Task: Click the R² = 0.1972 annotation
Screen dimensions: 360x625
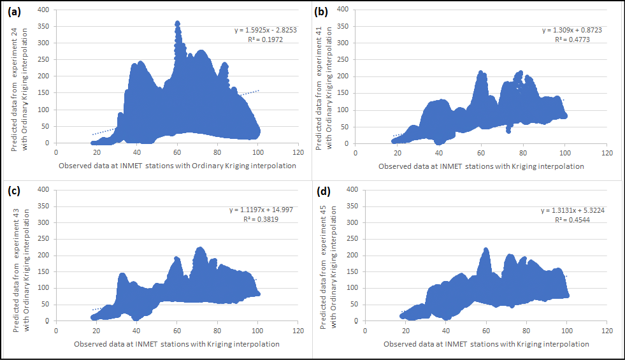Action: [x=266, y=39]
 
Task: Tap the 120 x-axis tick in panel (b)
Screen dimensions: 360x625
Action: [x=607, y=153]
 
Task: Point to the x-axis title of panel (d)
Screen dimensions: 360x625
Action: [x=486, y=344]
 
